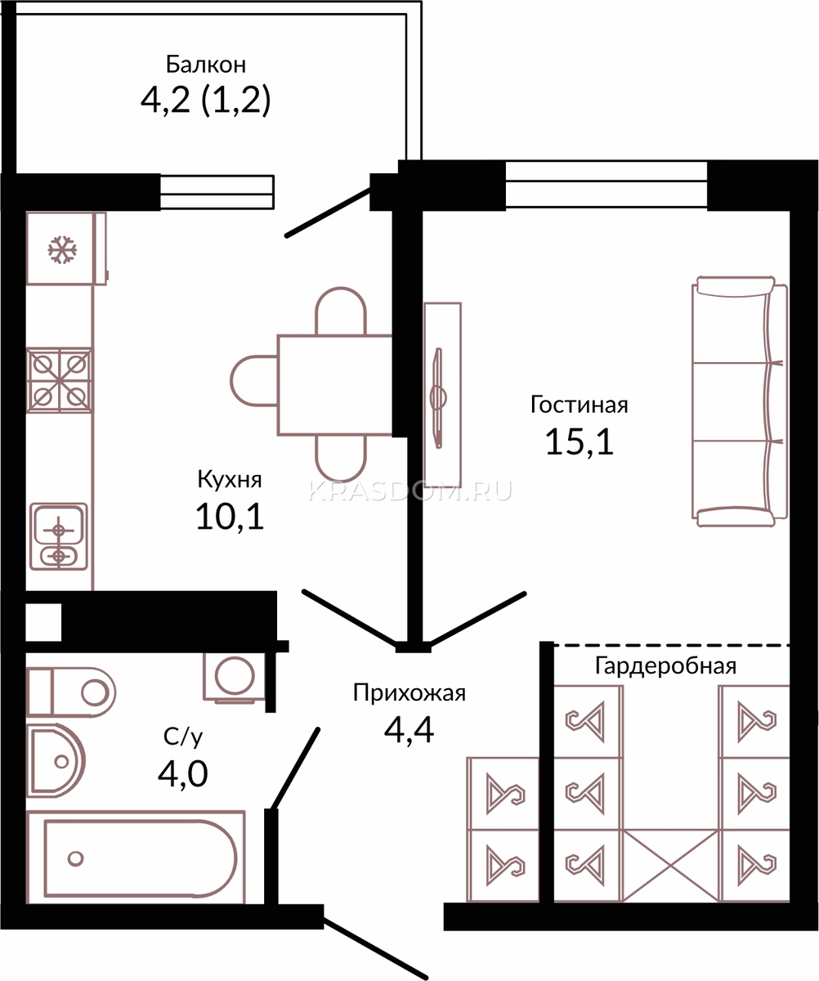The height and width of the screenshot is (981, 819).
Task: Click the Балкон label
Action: click(x=206, y=65)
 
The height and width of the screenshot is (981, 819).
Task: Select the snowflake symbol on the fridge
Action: click(x=62, y=249)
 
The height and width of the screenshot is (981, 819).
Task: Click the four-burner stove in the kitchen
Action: click(x=60, y=380)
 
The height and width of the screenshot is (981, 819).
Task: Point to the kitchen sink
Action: click(x=59, y=536)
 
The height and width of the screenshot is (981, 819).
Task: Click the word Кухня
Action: click(x=230, y=479)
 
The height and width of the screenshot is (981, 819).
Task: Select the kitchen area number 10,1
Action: click(x=230, y=516)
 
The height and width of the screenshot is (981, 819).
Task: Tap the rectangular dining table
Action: click(x=334, y=385)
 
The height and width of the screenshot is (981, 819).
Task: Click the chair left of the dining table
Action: click(x=253, y=381)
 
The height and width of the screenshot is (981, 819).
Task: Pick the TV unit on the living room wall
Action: click(x=442, y=395)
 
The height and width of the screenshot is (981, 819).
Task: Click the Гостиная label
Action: click(x=579, y=405)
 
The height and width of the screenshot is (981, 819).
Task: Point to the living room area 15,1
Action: click(x=580, y=441)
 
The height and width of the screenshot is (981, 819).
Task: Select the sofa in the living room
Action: click(x=740, y=401)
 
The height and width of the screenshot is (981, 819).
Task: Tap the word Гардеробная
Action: click(x=665, y=666)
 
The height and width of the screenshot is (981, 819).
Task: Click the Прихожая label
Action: click(x=409, y=693)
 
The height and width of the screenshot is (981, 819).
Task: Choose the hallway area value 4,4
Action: click(x=409, y=730)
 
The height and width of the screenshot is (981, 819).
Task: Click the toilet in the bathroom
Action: click(x=71, y=692)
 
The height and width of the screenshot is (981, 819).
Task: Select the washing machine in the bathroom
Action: click(x=234, y=677)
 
